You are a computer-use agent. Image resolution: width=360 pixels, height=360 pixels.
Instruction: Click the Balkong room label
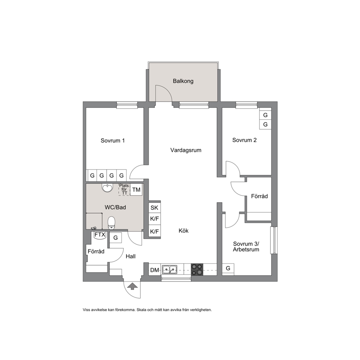(183, 81)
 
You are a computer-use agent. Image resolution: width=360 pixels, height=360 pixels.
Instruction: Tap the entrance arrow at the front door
(132, 286)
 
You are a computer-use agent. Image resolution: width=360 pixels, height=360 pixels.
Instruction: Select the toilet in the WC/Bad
(111, 223)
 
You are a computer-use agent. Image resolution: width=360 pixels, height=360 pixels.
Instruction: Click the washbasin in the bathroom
(107, 188)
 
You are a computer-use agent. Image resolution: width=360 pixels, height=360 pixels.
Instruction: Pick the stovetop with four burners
(197, 269)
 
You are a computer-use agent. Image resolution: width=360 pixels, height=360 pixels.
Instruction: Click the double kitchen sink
(169, 269)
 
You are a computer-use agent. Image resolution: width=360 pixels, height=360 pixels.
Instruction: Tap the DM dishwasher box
(155, 270)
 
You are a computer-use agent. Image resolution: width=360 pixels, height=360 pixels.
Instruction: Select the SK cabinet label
(154, 208)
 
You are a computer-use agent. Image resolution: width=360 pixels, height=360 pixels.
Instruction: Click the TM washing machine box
(136, 190)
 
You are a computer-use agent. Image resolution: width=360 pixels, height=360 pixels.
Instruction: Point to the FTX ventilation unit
(100, 235)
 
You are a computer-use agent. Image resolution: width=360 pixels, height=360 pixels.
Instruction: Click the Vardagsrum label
(186, 150)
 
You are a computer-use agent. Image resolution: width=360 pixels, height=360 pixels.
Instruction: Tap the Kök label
(183, 230)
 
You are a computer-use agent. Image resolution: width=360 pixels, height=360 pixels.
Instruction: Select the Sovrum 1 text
(112, 140)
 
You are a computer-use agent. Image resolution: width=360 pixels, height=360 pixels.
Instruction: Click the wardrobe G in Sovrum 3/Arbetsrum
(228, 269)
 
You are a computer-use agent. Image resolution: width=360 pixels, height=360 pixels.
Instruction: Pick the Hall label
(130, 256)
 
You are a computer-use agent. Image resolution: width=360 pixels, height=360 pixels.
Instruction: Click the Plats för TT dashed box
(124, 189)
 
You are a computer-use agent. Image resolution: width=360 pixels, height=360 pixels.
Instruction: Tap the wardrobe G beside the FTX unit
(115, 238)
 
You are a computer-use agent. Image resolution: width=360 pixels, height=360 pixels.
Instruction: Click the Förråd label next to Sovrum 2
(259, 196)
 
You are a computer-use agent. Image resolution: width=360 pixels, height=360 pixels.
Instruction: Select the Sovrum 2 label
(244, 140)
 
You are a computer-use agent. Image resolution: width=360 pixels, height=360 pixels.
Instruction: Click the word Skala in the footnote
(142, 310)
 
